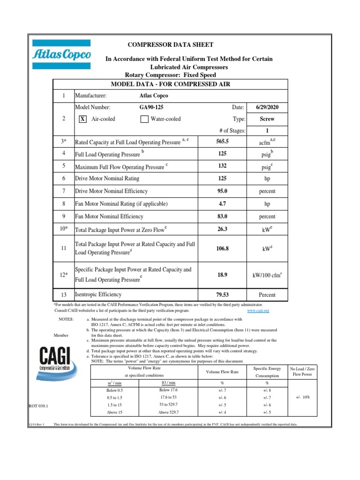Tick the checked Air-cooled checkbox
coord(82,119)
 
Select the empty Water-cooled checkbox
coord(144,119)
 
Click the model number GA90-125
coord(152,107)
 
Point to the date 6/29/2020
coord(267,107)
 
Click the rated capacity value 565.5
coord(222,142)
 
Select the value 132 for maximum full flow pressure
coord(222,166)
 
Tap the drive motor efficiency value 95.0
coord(222,191)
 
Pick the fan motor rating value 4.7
coord(222,204)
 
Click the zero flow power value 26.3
coord(222,230)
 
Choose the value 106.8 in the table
coord(222,249)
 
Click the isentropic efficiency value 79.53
coord(222,295)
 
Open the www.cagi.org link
coord(258,311)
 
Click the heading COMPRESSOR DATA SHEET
coord(171,45)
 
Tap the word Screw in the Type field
coord(267,119)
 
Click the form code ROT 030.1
coord(39,406)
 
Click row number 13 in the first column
coord(63,295)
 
